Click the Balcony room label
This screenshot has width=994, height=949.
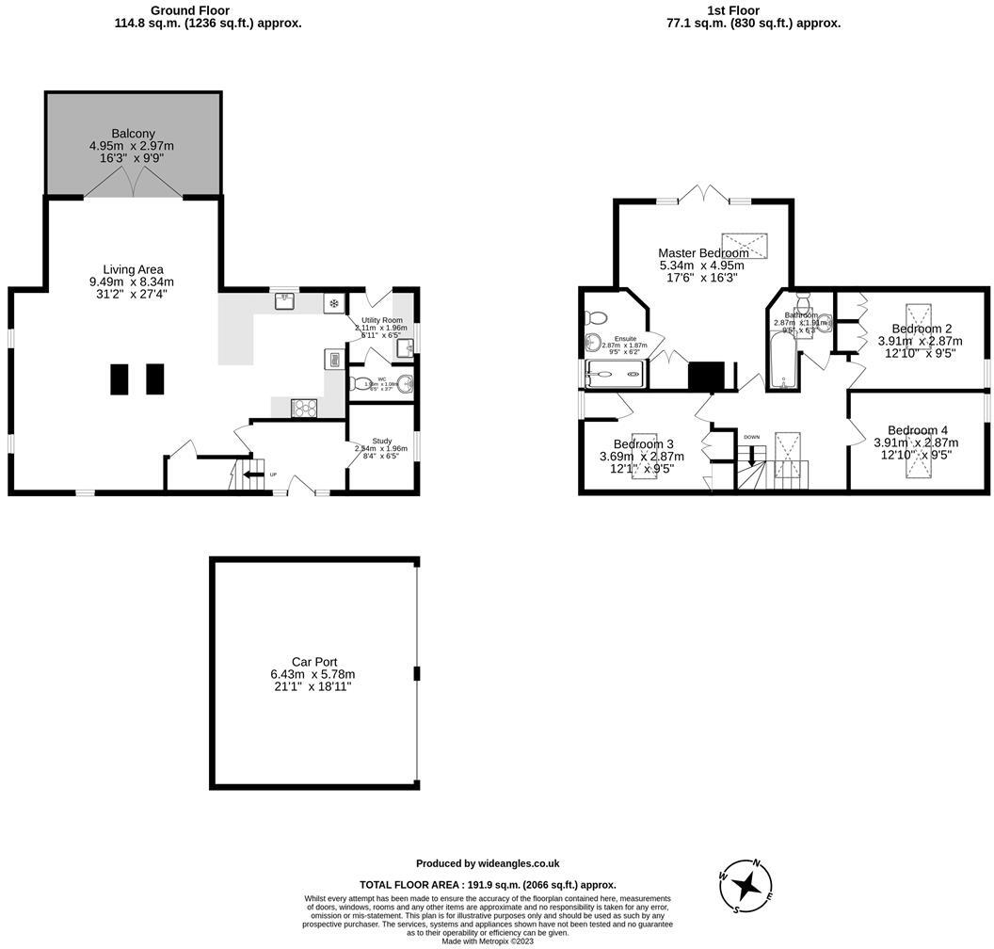click(132, 134)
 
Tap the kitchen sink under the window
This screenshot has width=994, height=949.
click(285, 301)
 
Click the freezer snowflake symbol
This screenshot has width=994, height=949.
click(333, 303)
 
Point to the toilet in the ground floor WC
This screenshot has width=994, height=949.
click(361, 383)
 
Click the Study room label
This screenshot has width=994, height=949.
click(381, 440)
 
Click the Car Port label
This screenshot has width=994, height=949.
click(314, 662)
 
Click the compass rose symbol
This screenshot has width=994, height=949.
click(747, 885)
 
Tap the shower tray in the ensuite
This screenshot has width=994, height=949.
click(617, 374)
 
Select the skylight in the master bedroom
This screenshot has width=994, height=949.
click(745, 242)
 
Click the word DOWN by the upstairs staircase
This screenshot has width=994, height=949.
click(751, 437)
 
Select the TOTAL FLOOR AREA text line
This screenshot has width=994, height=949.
click(488, 884)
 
